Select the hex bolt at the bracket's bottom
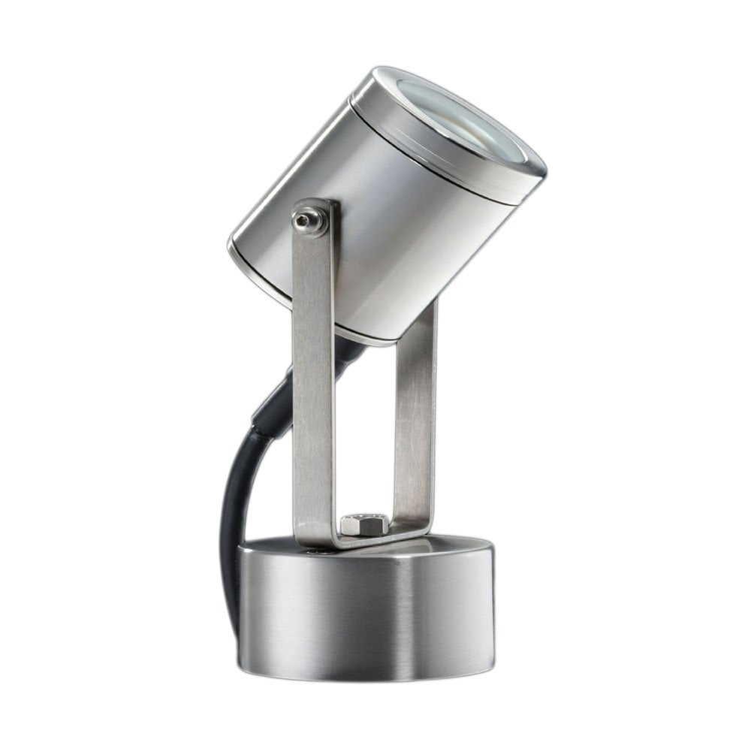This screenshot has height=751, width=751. coord(363,523)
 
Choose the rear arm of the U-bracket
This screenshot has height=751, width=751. coord(415,421)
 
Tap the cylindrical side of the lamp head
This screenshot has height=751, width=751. coord(391,225)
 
